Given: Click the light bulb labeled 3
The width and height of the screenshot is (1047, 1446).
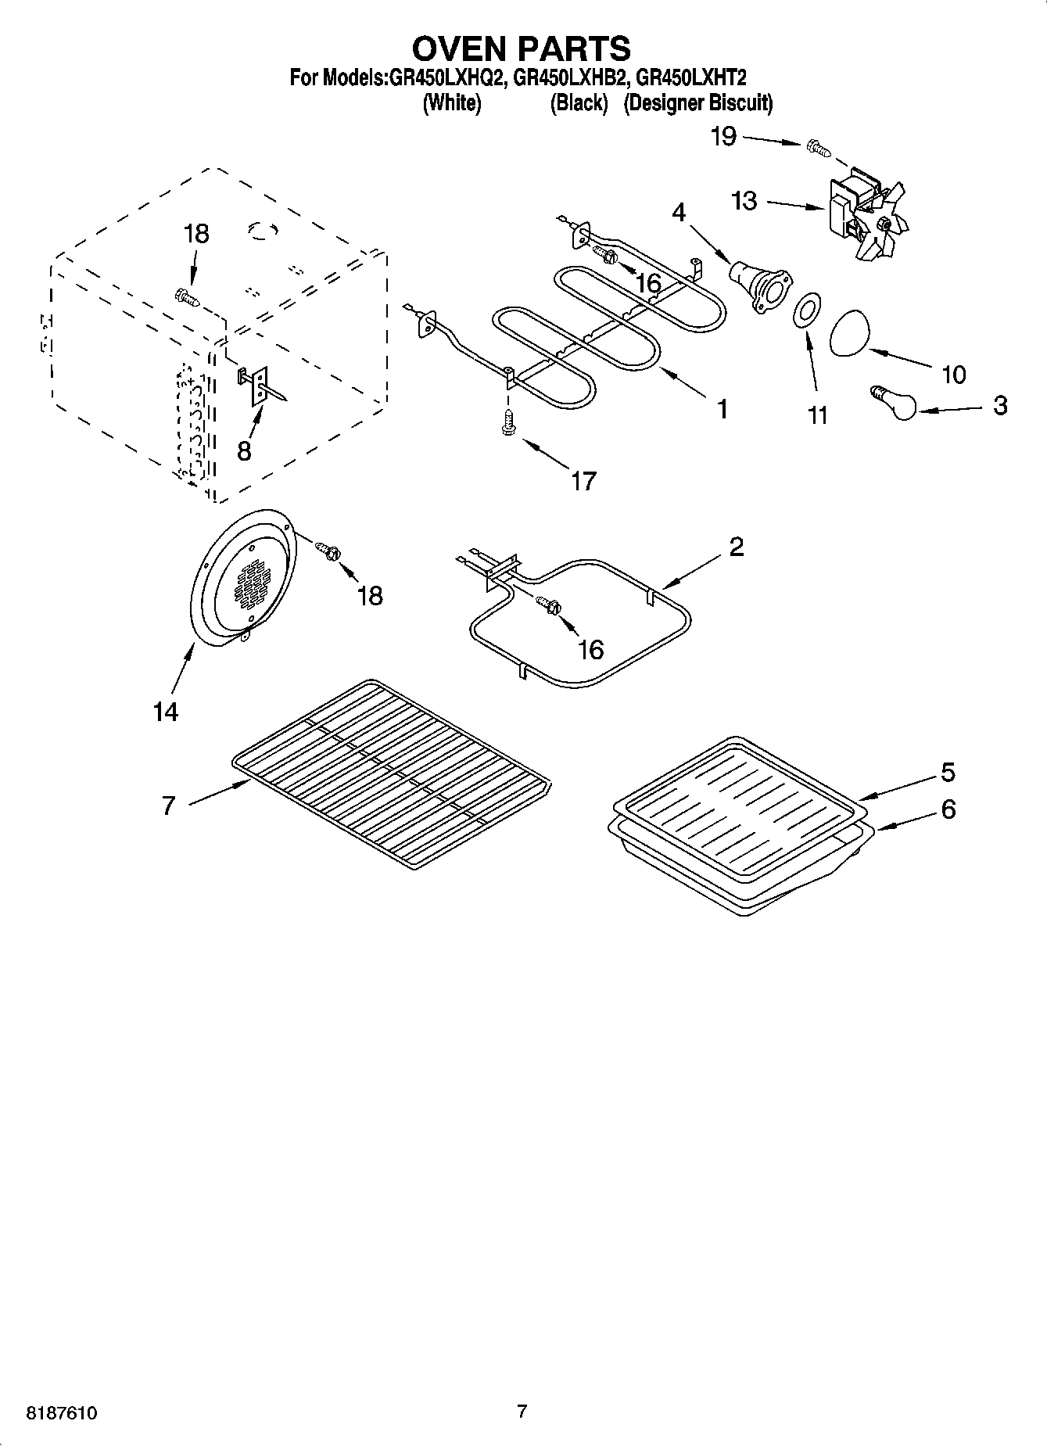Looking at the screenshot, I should click(x=895, y=403).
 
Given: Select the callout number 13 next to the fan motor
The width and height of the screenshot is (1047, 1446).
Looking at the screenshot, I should click(x=744, y=201).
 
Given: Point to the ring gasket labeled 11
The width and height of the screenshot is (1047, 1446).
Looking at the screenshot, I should click(x=806, y=314).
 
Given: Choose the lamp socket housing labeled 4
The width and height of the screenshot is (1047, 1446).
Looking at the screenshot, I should click(x=758, y=287).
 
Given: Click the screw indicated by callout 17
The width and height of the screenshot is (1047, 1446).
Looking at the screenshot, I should click(x=507, y=423).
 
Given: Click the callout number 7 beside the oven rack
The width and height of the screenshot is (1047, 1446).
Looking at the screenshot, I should click(x=168, y=805).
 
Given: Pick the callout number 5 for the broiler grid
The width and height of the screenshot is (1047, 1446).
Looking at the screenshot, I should click(x=948, y=773).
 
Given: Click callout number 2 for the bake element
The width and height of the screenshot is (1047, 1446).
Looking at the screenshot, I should click(x=736, y=547).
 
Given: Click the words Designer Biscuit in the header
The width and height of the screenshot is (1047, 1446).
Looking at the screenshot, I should click(x=697, y=102).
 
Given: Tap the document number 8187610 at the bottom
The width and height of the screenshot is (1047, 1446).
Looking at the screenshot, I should click(x=62, y=1413).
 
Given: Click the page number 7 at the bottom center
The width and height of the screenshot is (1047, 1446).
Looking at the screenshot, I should click(x=522, y=1412).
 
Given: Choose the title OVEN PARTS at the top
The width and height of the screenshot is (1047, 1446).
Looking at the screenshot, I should click(x=522, y=48).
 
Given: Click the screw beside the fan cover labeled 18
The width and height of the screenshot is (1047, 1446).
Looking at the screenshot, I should click(x=328, y=550).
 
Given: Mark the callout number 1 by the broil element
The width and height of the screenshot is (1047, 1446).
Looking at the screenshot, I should click(x=723, y=408).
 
